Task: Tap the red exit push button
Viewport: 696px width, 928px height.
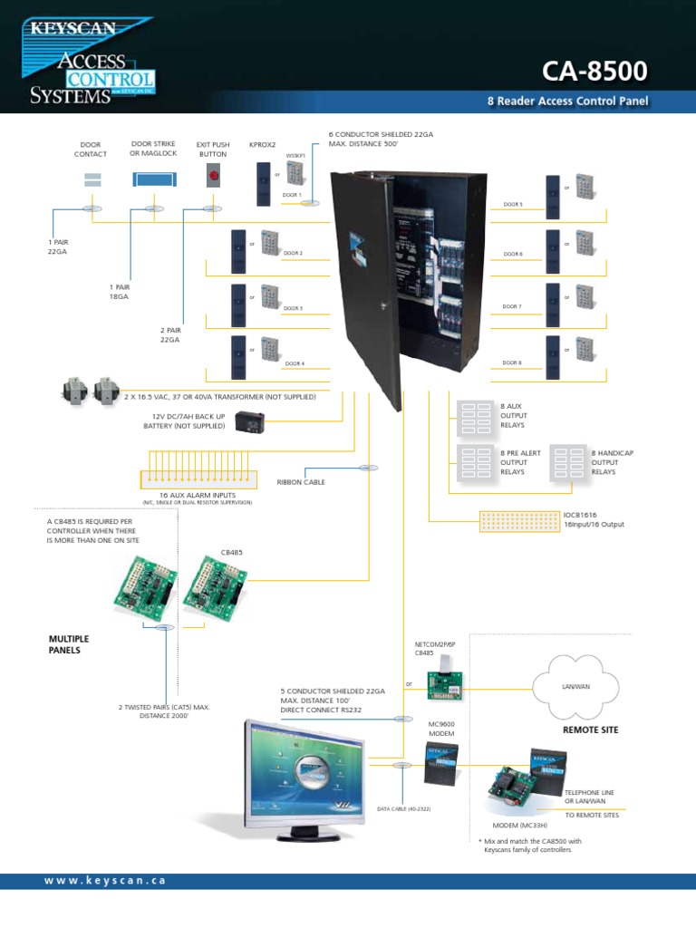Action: [214, 177]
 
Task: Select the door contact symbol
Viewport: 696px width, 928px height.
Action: [92, 179]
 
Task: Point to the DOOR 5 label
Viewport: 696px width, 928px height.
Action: [513, 205]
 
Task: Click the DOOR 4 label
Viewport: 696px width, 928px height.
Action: [294, 363]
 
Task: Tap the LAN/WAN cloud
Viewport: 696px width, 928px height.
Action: [575, 687]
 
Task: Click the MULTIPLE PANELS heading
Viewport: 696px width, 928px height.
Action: [69, 644]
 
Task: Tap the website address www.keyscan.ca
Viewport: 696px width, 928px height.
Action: [104, 881]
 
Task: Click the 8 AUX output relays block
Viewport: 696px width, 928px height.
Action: [469, 415]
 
